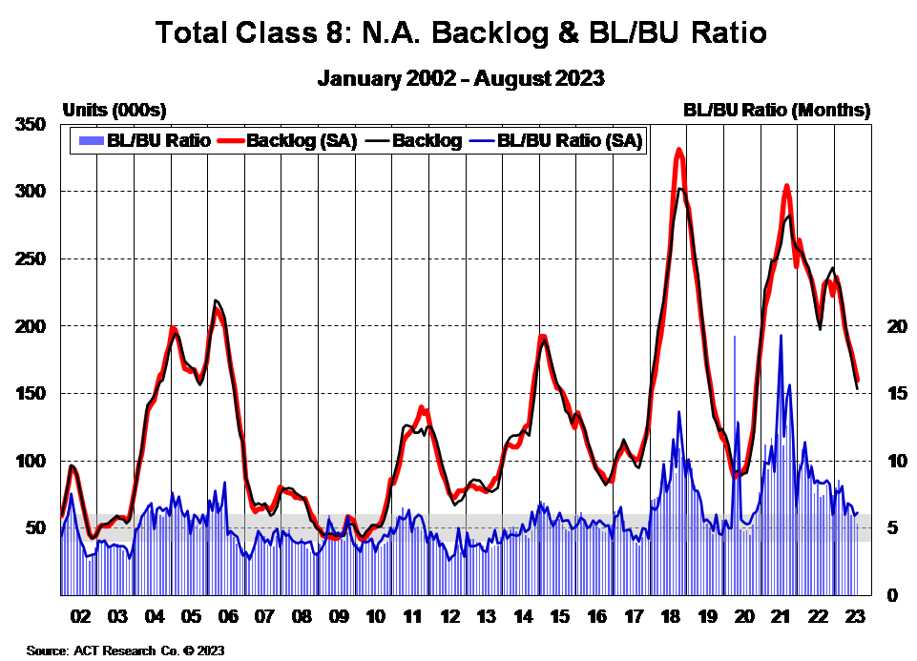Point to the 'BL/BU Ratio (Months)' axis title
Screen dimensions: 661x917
[x=777, y=111]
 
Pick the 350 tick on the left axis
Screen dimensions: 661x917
[x=32, y=124]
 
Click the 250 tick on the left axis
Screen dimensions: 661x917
[x=32, y=258]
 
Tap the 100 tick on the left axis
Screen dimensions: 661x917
[x=32, y=461]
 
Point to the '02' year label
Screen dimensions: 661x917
[x=79, y=616]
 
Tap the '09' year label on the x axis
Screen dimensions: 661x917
[x=339, y=616]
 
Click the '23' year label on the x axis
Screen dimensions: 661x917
[x=855, y=616]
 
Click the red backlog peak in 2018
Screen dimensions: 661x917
[x=678, y=150]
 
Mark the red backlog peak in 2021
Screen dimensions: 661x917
[x=786, y=186]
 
